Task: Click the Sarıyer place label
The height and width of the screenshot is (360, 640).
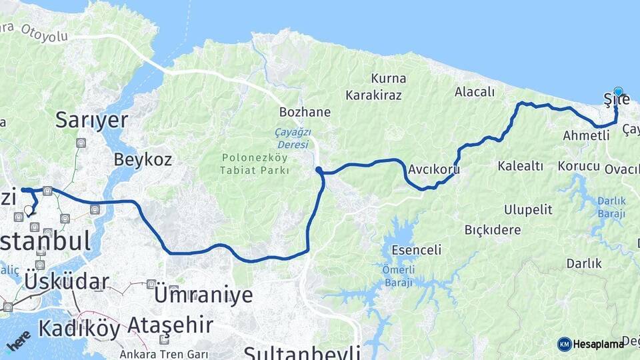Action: [91, 120]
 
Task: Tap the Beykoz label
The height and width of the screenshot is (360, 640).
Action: [143, 160]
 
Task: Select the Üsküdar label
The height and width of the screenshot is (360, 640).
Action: [67, 281]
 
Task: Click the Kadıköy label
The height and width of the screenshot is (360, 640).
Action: [79, 329]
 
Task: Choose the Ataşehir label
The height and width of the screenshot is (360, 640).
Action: [170, 326]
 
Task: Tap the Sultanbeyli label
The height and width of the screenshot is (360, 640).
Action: [301, 352]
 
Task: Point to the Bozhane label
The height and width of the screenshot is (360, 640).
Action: [305, 112]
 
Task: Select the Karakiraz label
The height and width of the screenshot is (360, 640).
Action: [373, 95]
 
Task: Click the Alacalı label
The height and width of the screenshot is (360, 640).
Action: [475, 92]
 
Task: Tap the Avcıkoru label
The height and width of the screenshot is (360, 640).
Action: [435, 169]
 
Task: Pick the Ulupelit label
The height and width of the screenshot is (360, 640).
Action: [528, 210]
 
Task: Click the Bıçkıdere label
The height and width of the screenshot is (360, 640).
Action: [492, 230]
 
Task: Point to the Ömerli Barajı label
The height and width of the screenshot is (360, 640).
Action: [398, 276]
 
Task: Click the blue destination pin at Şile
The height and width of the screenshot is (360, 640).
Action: [618, 92]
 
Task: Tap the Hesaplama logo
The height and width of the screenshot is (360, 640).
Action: [591, 344]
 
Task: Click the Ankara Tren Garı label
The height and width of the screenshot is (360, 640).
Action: [164, 354]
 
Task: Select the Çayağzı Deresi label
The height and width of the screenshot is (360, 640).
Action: [292, 139]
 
